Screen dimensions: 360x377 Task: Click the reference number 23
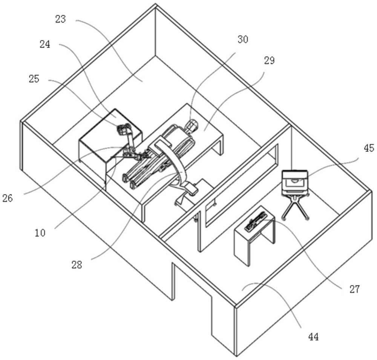coord(60,18)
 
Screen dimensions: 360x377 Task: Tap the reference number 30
coord(243,39)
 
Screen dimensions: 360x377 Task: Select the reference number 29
coord(270,60)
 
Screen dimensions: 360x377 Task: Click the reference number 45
coord(369,149)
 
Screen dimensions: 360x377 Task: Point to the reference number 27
coord(354,289)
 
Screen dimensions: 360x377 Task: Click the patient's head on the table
coord(192,124)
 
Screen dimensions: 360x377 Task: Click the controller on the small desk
coord(255,222)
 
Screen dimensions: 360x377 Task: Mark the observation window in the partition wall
coord(241,185)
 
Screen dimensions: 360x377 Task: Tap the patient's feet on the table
coord(130,181)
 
